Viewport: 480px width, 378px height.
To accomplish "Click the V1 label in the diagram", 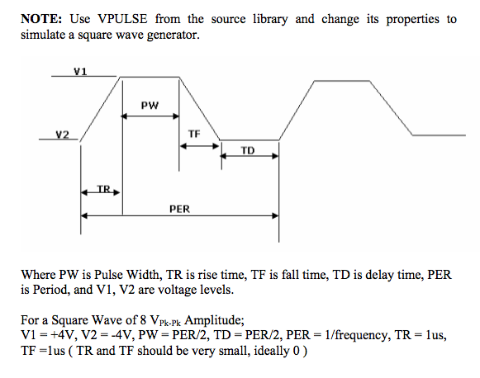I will pos(80,71).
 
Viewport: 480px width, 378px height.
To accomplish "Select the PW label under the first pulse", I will pos(150,106).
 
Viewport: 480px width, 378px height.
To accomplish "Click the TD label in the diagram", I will pos(248,149).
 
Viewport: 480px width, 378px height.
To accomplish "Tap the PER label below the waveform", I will pos(179,209).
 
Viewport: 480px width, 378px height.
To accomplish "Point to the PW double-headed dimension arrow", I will pos(150,116).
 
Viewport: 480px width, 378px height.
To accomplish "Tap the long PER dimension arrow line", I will pos(179,216).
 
